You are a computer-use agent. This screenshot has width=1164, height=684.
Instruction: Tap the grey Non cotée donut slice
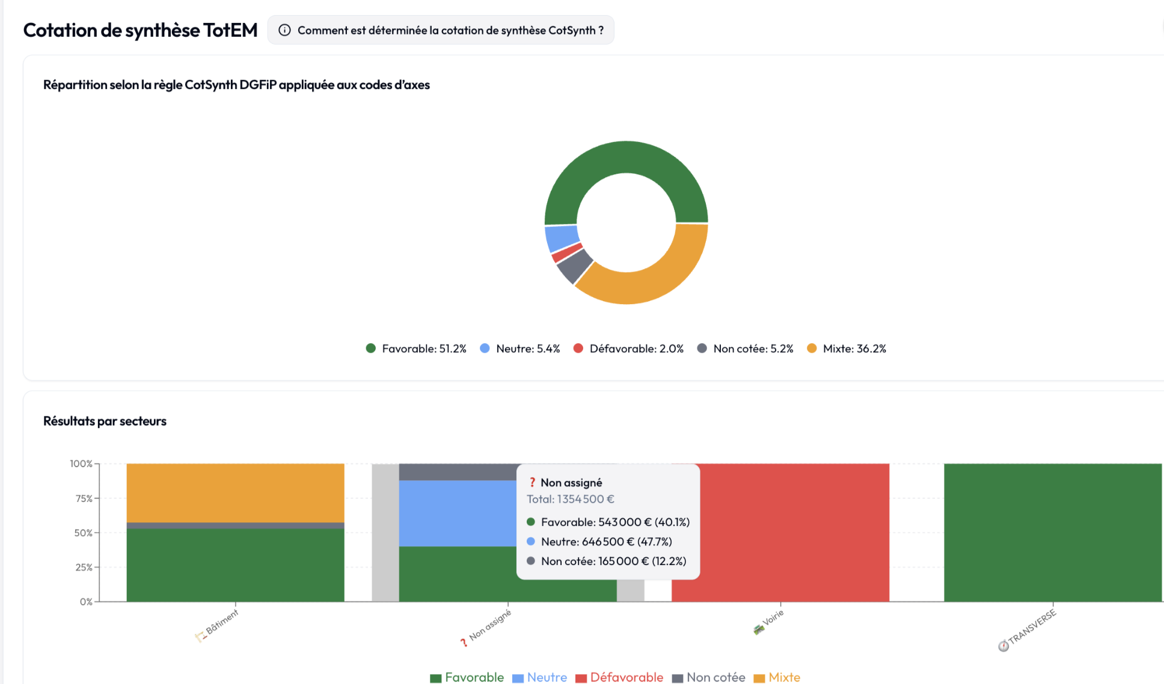click(x=575, y=266)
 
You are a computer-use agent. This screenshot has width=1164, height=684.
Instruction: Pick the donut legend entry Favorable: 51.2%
click(x=416, y=349)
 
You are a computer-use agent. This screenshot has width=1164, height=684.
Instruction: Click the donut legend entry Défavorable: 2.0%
click(x=629, y=349)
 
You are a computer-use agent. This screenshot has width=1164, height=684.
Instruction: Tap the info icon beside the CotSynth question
click(x=285, y=30)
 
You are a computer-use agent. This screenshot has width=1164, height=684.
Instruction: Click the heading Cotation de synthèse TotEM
click(x=140, y=30)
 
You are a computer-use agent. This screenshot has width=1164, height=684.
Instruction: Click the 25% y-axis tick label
click(x=84, y=567)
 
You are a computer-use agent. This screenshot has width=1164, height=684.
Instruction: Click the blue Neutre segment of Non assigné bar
click(x=457, y=513)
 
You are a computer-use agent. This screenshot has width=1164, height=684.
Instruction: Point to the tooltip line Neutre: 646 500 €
click(x=605, y=542)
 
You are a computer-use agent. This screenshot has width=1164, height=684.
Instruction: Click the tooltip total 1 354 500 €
click(x=570, y=499)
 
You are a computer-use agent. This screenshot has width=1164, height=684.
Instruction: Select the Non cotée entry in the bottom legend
click(x=709, y=677)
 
